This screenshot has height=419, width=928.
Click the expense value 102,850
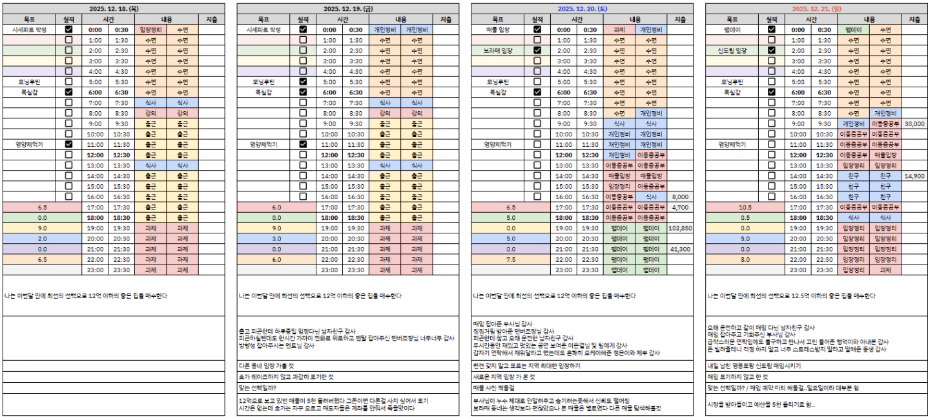click(x=681, y=228)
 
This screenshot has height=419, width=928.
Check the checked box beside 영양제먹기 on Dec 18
click(x=68, y=145)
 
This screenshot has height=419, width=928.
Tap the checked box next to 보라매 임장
click(x=537, y=50)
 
